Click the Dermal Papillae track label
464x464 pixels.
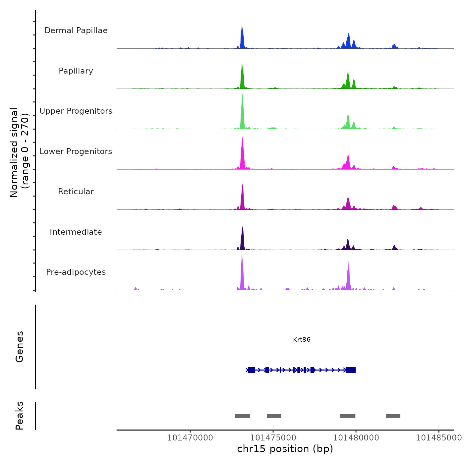click(76, 30)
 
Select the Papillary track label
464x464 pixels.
click(76, 71)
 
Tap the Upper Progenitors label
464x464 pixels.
click(76, 111)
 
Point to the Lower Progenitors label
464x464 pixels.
click(76, 151)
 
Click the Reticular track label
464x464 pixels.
click(76, 192)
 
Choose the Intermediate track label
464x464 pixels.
click(76, 232)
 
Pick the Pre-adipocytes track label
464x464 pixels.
click(76, 272)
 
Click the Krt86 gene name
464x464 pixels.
click(302, 339)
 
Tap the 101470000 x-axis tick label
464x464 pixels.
click(190, 438)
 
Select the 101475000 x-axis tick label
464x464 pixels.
click(273, 438)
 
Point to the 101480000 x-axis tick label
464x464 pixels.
click(356, 438)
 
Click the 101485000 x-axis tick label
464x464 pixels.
click(438, 438)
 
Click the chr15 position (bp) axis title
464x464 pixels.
click(285, 449)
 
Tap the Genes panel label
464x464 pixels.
click(20, 347)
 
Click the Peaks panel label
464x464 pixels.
click(20, 416)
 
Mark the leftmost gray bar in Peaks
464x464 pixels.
click(243, 416)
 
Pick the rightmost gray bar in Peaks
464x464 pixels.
click(393, 416)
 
